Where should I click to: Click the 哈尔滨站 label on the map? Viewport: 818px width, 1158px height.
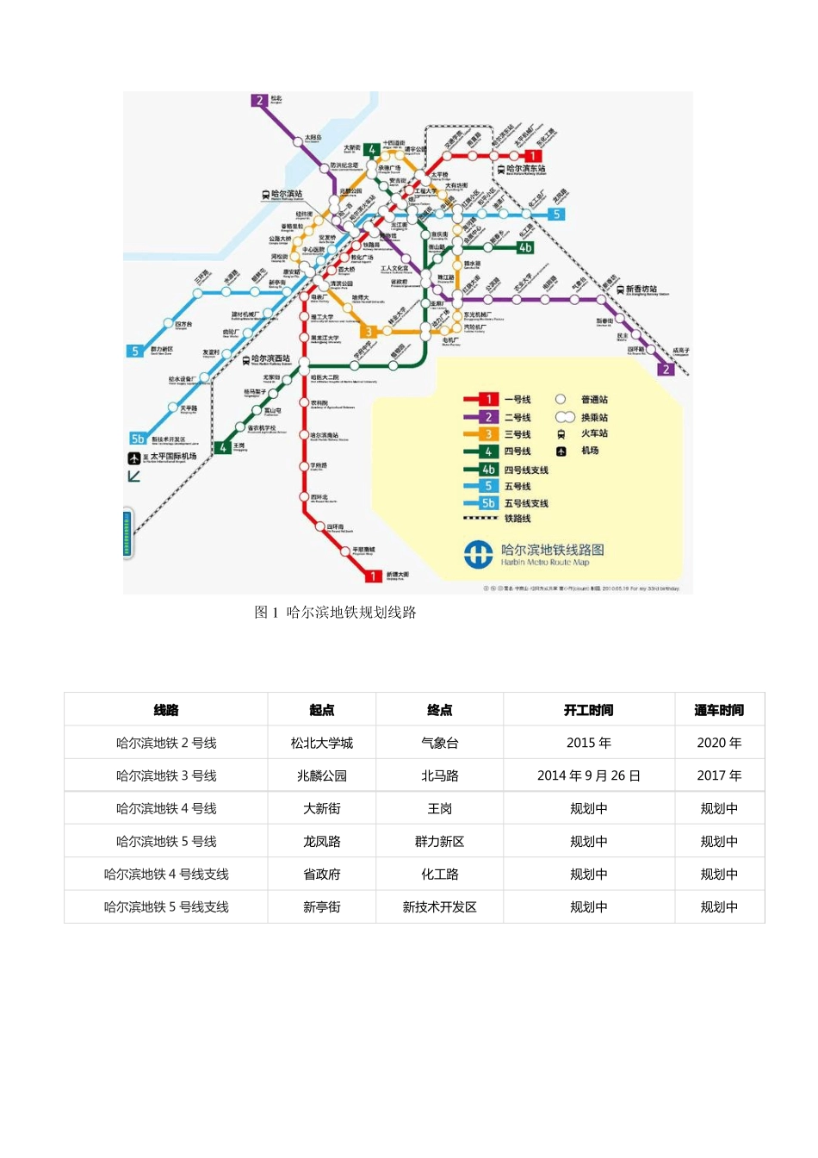pos(286,195)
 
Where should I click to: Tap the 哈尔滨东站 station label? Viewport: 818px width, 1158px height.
pos(524,169)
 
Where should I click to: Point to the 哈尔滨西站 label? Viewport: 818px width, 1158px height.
pos(270,358)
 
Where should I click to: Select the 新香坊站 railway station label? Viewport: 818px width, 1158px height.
pos(641,289)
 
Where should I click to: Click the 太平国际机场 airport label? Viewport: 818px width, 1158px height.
pos(172,457)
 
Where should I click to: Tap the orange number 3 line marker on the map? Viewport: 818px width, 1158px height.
pos(369,332)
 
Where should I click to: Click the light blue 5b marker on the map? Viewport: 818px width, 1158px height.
pos(138,439)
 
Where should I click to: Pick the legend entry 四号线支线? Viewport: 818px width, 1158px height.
pos(525,470)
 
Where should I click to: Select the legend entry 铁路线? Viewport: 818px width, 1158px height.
pos(517,519)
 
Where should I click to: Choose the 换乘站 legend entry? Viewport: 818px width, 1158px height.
pos(593,418)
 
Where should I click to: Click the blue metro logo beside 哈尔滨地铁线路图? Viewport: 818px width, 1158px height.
pos(479,554)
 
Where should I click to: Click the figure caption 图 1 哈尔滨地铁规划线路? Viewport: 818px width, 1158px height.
pos(335,613)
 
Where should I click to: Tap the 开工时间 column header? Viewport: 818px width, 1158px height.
pos(588,710)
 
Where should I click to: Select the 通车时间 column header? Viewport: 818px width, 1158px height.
pos(718,710)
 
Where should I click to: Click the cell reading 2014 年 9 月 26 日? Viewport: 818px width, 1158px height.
pos(588,775)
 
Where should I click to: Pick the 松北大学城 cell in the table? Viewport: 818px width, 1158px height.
pos(321,743)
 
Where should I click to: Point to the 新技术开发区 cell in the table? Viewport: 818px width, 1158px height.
pos(439,906)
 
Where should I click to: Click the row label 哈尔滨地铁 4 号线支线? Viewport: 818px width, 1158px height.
pos(166,874)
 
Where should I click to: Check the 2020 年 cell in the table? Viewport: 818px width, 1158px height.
pos(718,743)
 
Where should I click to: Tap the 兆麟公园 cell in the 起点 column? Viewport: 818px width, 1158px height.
pos(321,775)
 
